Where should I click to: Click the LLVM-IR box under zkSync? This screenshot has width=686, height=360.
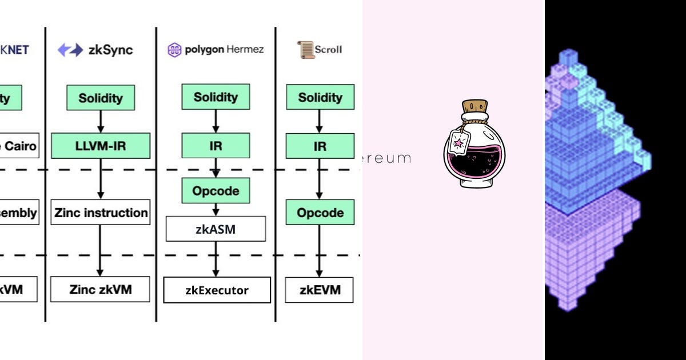click(101, 146)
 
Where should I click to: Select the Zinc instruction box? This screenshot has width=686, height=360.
click(101, 213)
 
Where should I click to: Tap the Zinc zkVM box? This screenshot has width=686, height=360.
click(101, 289)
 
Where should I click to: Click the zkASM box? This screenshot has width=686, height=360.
click(216, 229)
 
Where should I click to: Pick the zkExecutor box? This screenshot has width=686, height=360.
click(217, 290)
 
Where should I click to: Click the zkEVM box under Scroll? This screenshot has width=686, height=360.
click(320, 290)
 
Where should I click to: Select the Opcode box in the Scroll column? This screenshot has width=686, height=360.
click(320, 213)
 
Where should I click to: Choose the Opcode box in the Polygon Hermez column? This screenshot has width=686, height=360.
click(216, 190)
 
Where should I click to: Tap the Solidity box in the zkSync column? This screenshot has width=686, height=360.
click(101, 98)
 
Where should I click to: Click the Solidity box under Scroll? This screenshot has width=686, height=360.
click(320, 97)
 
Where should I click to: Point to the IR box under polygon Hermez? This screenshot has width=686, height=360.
click(216, 146)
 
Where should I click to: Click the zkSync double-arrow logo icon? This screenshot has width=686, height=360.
click(70, 50)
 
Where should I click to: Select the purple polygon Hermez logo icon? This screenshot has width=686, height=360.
click(174, 50)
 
